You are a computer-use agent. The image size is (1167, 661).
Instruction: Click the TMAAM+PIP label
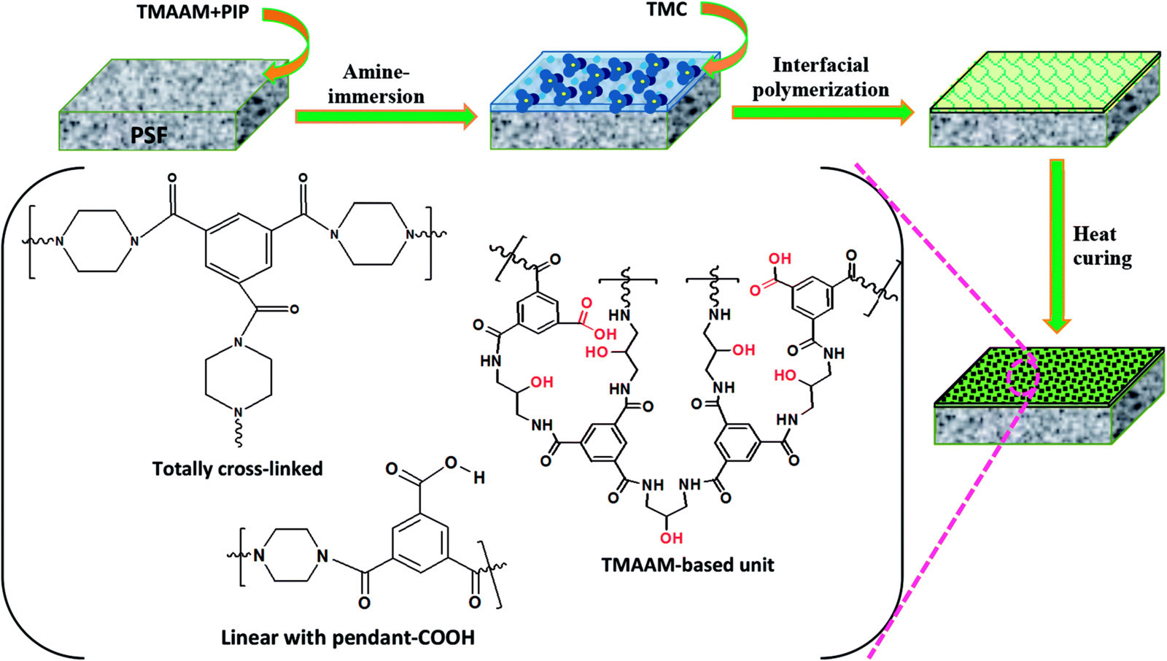coord(193,12)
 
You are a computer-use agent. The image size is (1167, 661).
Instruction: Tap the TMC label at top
coord(667,10)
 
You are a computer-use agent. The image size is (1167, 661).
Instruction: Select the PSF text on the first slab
coord(149,136)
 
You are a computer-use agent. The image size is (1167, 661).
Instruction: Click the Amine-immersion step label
coord(376,84)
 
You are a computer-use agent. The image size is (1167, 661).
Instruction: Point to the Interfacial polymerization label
coord(821,77)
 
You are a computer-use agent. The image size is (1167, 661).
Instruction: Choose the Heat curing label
coord(1102,246)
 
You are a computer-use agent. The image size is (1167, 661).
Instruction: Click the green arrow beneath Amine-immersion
coord(386,116)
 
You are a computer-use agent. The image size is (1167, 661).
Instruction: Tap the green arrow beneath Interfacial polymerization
coord(823,112)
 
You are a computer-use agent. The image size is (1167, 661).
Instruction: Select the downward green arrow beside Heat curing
coord(1057,246)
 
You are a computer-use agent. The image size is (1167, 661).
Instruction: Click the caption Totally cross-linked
coord(238,468)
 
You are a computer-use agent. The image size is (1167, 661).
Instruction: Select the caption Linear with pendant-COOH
coord(348,638)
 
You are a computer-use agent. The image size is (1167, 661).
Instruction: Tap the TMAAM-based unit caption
coord(688,565)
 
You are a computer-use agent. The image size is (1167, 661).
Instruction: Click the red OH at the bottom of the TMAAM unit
coord(670,538)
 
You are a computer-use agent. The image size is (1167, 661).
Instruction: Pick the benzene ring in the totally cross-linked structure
coord(239,248)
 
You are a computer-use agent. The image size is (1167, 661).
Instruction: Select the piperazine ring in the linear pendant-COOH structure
coord(291,555)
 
